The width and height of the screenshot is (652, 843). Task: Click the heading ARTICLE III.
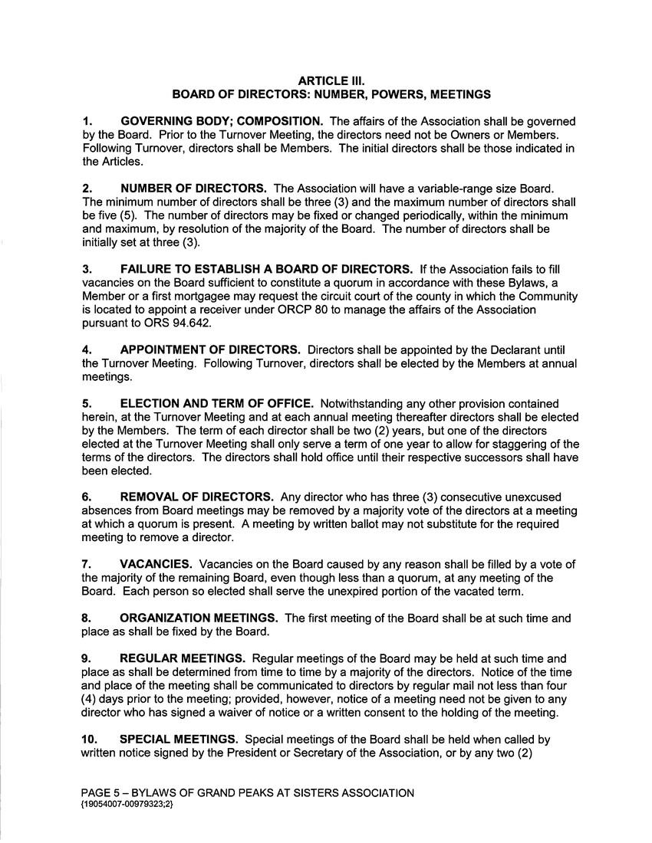tap(331, 80)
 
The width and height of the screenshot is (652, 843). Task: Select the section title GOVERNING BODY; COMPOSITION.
tap(222, 121)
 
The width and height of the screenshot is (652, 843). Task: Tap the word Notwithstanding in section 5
tap(364, 403)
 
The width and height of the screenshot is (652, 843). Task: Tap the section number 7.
tap(87, 564)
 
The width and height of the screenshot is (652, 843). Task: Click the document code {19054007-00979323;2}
tap(127, 804)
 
